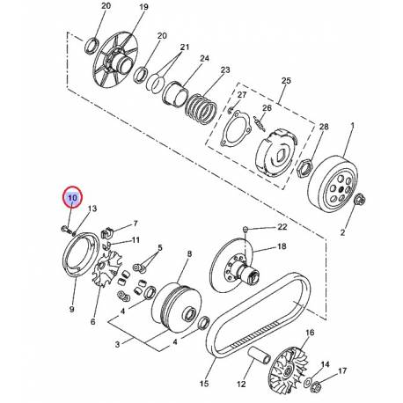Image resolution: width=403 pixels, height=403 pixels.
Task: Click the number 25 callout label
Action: (x=284, y=81)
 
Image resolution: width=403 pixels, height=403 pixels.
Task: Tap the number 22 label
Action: (x=282, y=228)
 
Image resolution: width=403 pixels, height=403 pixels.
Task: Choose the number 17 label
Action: (x=344, y=372)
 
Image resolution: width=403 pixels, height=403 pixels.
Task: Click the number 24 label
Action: (x=204, y=60)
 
